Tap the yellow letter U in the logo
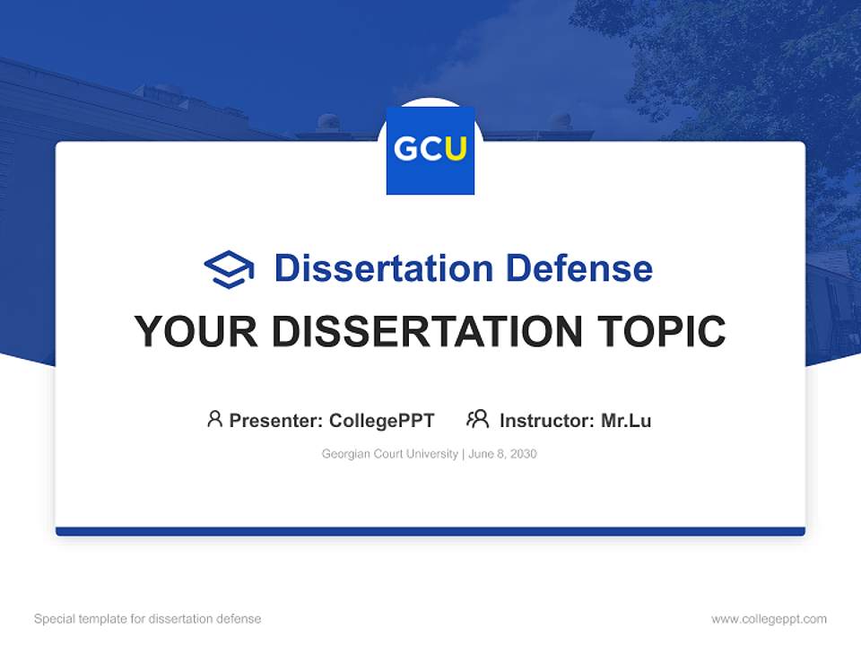(456, 150)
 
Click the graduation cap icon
(229, 269)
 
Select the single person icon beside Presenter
(214, 419)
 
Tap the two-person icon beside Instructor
(478, 419)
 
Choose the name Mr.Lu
(626, 420)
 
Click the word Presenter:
(276, 420)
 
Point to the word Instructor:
(546, 420)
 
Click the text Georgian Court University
(389, 454)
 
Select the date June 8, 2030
(502, 454)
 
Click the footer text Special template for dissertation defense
(148, 619)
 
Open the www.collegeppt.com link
(769, 619)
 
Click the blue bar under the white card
(430, 531)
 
